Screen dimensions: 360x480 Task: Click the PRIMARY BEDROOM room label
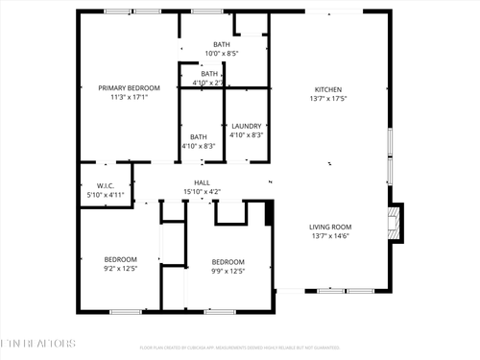[x=129, y=87]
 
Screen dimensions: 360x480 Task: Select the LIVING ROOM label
[x=328, y=227]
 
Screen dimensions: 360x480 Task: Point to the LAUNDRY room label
[x=247, y=126]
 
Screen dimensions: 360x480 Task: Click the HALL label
[x=202, y=182]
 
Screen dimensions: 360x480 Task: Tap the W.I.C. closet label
[x=106, y=185]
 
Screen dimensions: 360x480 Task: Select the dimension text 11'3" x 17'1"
[x=129, y=97]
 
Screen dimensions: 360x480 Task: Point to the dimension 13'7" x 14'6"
[x=328, y=236]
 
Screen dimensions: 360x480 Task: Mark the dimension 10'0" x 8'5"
[x=221, y=54]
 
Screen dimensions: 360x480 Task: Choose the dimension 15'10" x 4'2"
[x=202, y=192]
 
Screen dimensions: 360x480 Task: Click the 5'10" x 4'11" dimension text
[x=106, y=195]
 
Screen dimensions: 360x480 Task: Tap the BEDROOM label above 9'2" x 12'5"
[x=121, y=259]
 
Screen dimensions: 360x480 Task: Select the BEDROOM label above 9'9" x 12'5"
[x=228, y=262]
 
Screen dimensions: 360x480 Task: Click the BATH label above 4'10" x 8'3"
[x=199, y=136]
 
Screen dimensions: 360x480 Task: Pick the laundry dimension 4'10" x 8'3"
[x=247, y=135]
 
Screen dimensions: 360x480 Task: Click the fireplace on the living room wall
[x=394, y=223]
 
